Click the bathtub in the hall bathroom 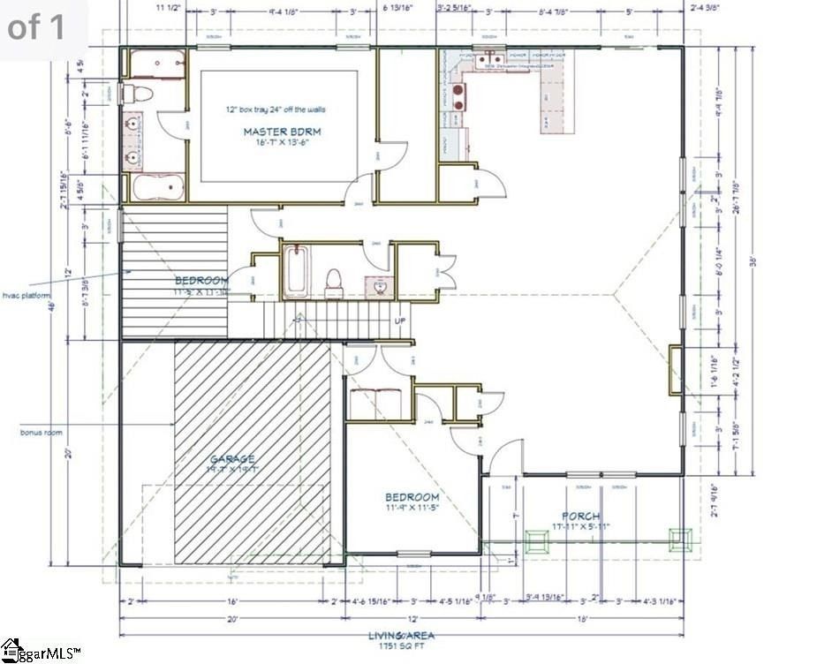click(x=298, y=273)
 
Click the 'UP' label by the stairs click(x=399, y=321)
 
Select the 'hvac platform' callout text click(x=26, y=295)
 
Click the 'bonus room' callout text click(x=40, y=432)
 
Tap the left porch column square click(x=536, y=539)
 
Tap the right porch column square click(x=679, y=539)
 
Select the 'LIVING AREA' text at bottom click(x=401, y=635)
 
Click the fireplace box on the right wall click(x=675, y=368)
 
